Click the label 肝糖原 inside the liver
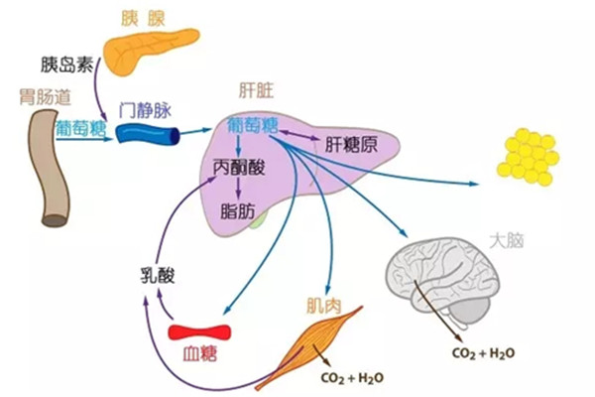[350, 144]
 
